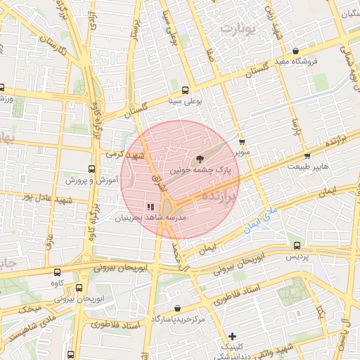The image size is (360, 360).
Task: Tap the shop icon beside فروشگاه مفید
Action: [x=296, y=51]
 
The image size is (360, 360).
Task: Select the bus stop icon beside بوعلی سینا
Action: [x=185, y=89]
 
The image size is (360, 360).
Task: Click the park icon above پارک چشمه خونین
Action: [x=200, y=159]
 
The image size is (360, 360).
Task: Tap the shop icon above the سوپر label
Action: [x=243, y=142]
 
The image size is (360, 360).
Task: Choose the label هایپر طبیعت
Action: [x=308, y=166]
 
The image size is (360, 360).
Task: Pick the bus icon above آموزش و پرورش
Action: [x=91, y=169]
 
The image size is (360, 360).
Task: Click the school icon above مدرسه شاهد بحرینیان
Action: [x=150, y=207]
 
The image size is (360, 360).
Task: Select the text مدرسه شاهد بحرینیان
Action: [x=150, y=218]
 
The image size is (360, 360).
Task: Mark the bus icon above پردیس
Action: [x=297, y=246]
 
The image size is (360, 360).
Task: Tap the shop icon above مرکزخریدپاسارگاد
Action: [x=177, y=309]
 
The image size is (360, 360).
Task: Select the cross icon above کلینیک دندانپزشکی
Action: [x=233, y=337]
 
